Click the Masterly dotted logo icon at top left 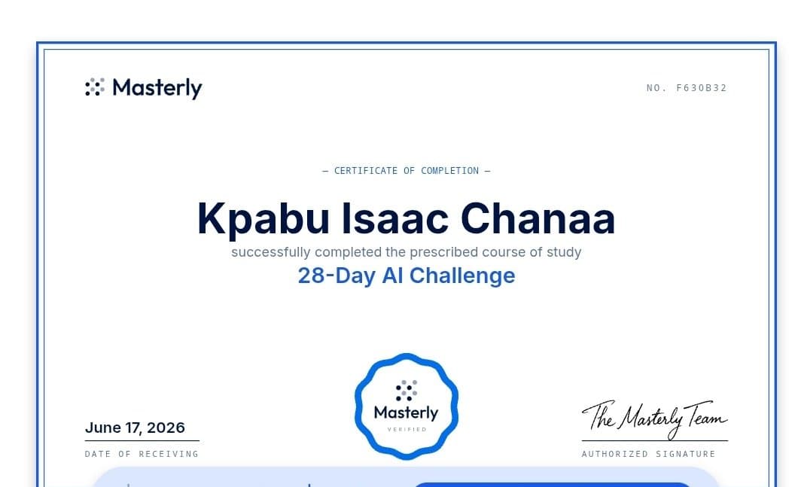[x=95, y=87]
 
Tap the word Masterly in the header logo [x=157, y=88]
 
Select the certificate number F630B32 [x=702, y=88]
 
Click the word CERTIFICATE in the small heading [x=365, y=171]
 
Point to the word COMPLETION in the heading [x=450, y=171]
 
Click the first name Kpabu [x=263, y=219]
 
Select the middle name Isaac [x=395, y=219]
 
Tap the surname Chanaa [x=538, y=219]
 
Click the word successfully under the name [x=271, y=252]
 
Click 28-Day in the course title [x=337, y=275]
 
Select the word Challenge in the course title [x=462, y=275]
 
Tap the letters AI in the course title [x=392, y=275]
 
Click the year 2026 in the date [x=166, y=428]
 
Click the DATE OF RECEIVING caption [x=142, y=454]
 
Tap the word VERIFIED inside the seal [x=407, y=430]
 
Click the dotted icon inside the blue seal [x=407, y=391]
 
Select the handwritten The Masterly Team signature [x=654, y=419]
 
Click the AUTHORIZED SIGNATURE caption [x=648, y=454]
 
